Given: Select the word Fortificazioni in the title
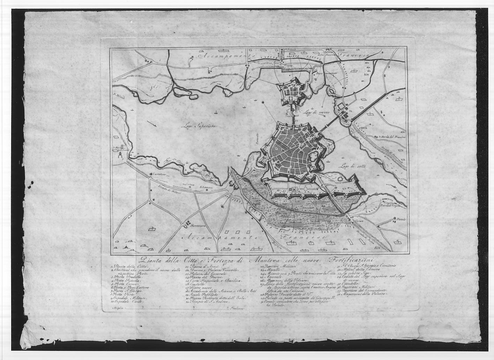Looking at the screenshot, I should (x=351, y=260).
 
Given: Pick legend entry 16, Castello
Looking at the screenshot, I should (x=196, y=284).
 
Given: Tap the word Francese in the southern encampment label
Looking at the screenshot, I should (x=305, y=238).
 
